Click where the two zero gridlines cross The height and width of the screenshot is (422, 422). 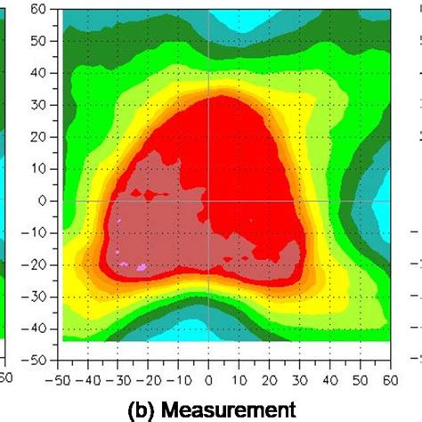(x=208, y=200)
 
